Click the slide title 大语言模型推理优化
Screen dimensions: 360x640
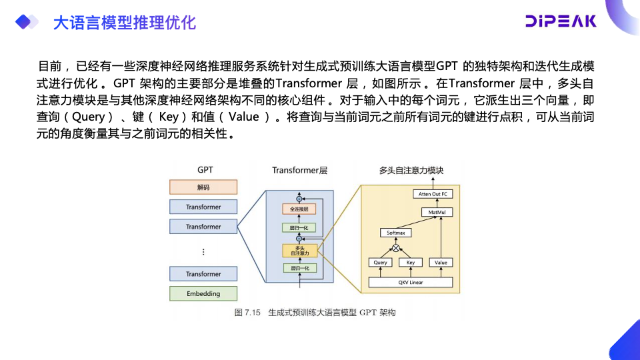(x=124, y=23)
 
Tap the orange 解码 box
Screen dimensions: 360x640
(x=203, y=187)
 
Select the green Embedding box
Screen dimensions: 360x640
(x=203, y=293)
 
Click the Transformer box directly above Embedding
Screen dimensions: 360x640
(x=203, y=274)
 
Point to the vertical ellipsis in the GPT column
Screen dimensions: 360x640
(x=203, y=251)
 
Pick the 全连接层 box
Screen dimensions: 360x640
(x=299, y=209)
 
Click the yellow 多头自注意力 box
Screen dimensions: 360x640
(x=299, y=251)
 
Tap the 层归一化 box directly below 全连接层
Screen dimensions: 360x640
(x=299, y=228)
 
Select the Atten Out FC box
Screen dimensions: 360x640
(x=433, y=193)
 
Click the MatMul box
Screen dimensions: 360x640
(x=437, y=212)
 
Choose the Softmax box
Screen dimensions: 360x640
(x=396, y=233)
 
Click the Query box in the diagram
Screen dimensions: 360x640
(x=380, y=263)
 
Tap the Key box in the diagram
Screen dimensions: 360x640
(x=411, y=263)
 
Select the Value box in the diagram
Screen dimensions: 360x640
(x=441, y=263)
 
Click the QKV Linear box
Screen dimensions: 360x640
(x=411, y=283)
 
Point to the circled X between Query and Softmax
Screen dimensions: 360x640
(x=396, y=248)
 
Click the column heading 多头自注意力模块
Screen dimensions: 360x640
(x=411, y=171)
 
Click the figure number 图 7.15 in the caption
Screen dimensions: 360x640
(x=247, y=313)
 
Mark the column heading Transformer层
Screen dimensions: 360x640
(x=300, y=171)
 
